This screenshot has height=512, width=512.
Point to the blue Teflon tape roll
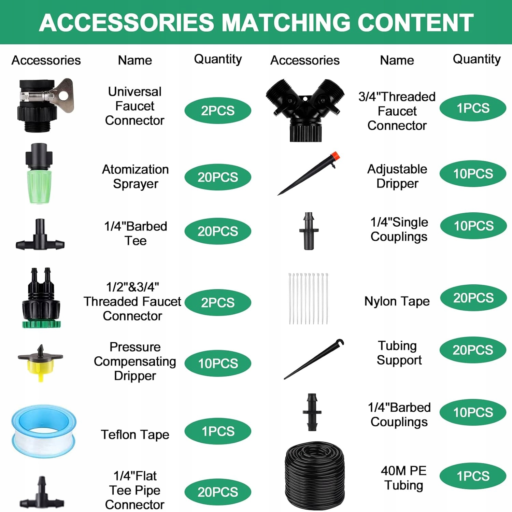tap(44, 431)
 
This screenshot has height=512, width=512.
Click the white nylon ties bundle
tap(308, 298)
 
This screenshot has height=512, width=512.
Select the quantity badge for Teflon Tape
tap(218, 431)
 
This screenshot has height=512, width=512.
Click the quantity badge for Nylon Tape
tap(473, 298)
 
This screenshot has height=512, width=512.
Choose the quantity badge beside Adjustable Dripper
tap(473, 174)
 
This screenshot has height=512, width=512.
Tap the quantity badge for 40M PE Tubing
tap(473, 476)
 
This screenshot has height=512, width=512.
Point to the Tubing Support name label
tap(399, 353)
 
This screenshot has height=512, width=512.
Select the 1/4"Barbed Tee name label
tap(136, 233)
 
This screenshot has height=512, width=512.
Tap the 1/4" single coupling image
tap(309, 231)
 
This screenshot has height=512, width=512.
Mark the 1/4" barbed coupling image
tap(312, 412)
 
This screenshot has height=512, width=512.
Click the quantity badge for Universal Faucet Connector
tap(218, 111)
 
